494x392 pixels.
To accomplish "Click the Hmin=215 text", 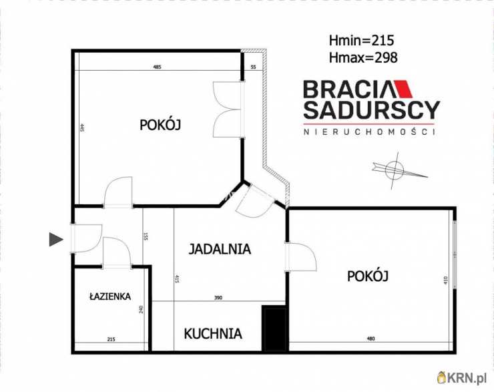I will point(362,39).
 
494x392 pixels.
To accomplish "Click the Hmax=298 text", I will point(363,57).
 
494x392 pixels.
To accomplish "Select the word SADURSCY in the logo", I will point(371,110).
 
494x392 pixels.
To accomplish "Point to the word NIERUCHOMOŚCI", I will point(369,132).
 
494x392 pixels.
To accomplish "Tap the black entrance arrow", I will point(56,238).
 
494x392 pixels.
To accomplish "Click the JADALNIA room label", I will point(220,250).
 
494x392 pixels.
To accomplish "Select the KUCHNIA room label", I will point(213,333).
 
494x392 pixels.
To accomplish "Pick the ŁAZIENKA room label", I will point(111,297).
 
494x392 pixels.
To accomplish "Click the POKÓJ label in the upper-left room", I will point(161,124).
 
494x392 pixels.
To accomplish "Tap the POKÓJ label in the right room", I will point(368,275).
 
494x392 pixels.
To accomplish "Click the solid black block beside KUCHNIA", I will point(274,327).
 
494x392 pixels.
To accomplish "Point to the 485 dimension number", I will point(158,67).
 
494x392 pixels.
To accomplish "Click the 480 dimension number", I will point(370,339).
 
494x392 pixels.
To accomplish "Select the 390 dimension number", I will point(218,298).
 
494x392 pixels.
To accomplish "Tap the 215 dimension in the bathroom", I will point(111,340).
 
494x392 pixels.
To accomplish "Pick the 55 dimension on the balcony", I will point(253,67).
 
